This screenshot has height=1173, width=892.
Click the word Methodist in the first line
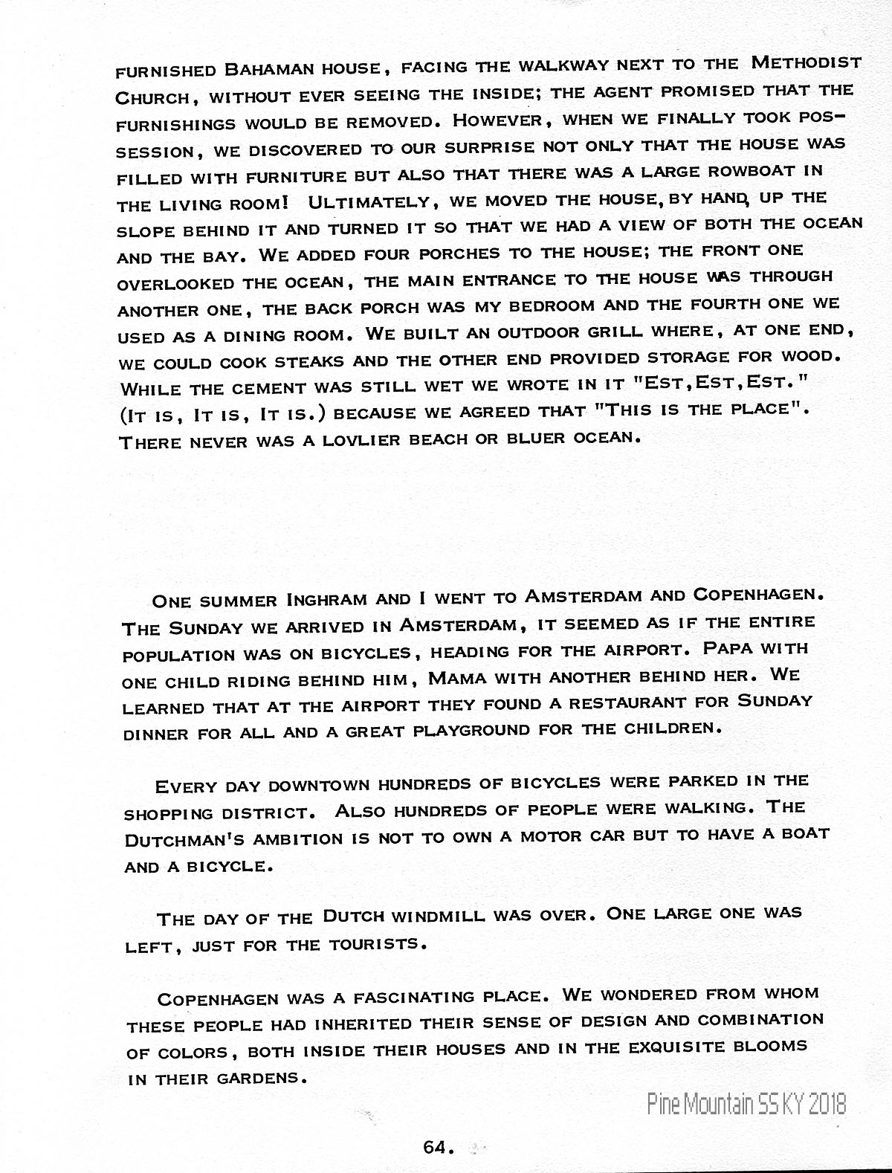pyautogui.click(x=807, y=62)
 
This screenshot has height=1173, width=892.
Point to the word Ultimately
pyautogui.click(x=364, y=201)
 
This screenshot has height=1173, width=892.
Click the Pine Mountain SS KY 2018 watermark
pyautogui.click(x=746, y=1104)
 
